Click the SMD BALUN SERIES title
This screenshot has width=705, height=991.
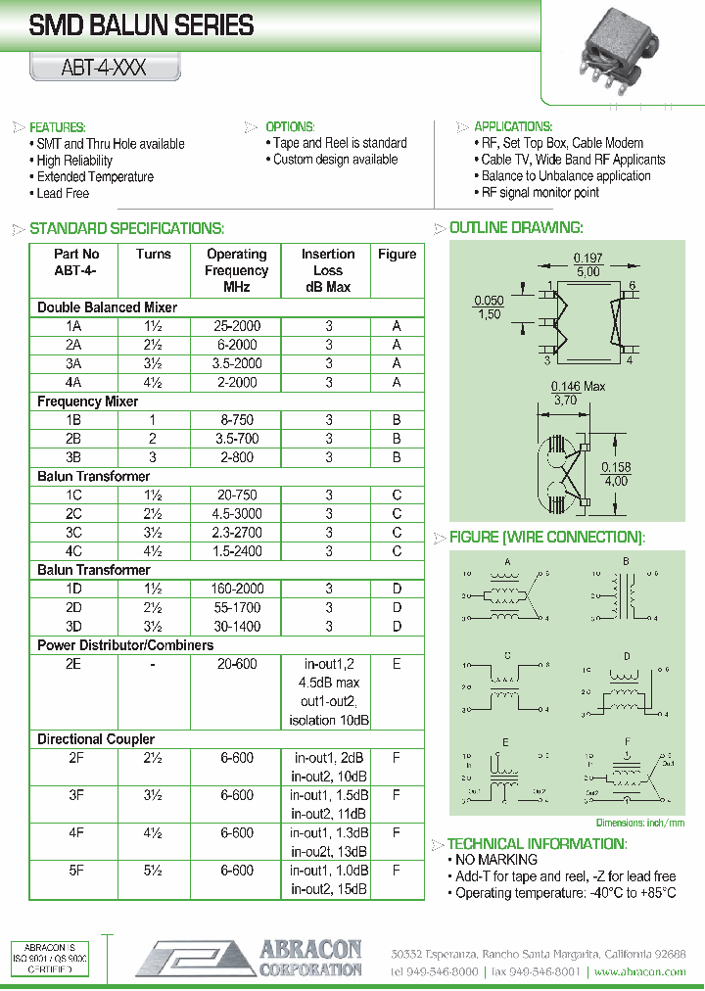click(x=142, y=26)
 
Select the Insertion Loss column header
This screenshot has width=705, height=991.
click(x=328, y=270)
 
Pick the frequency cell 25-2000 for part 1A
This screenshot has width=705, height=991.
click(x=237, y=326)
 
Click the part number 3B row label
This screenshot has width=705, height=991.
click(x=74, y=457)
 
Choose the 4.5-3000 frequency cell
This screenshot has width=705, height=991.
click(x=237, y=513)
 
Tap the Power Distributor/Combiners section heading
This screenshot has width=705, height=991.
click(x=125, y=645)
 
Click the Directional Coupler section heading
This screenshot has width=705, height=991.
click(x=96, y=739)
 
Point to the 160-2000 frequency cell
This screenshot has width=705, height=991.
click(x=237, y=589)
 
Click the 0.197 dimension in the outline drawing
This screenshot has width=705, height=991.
click(x=587, y=259)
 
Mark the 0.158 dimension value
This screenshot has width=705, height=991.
click(x=616, y=468)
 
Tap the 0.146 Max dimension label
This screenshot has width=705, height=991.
click(x=578, y=387)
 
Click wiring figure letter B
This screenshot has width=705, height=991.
click(x=625, y=561)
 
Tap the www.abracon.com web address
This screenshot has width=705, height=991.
click(x=639, y=971)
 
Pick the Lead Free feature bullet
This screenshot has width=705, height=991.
click(x=63, y=194)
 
